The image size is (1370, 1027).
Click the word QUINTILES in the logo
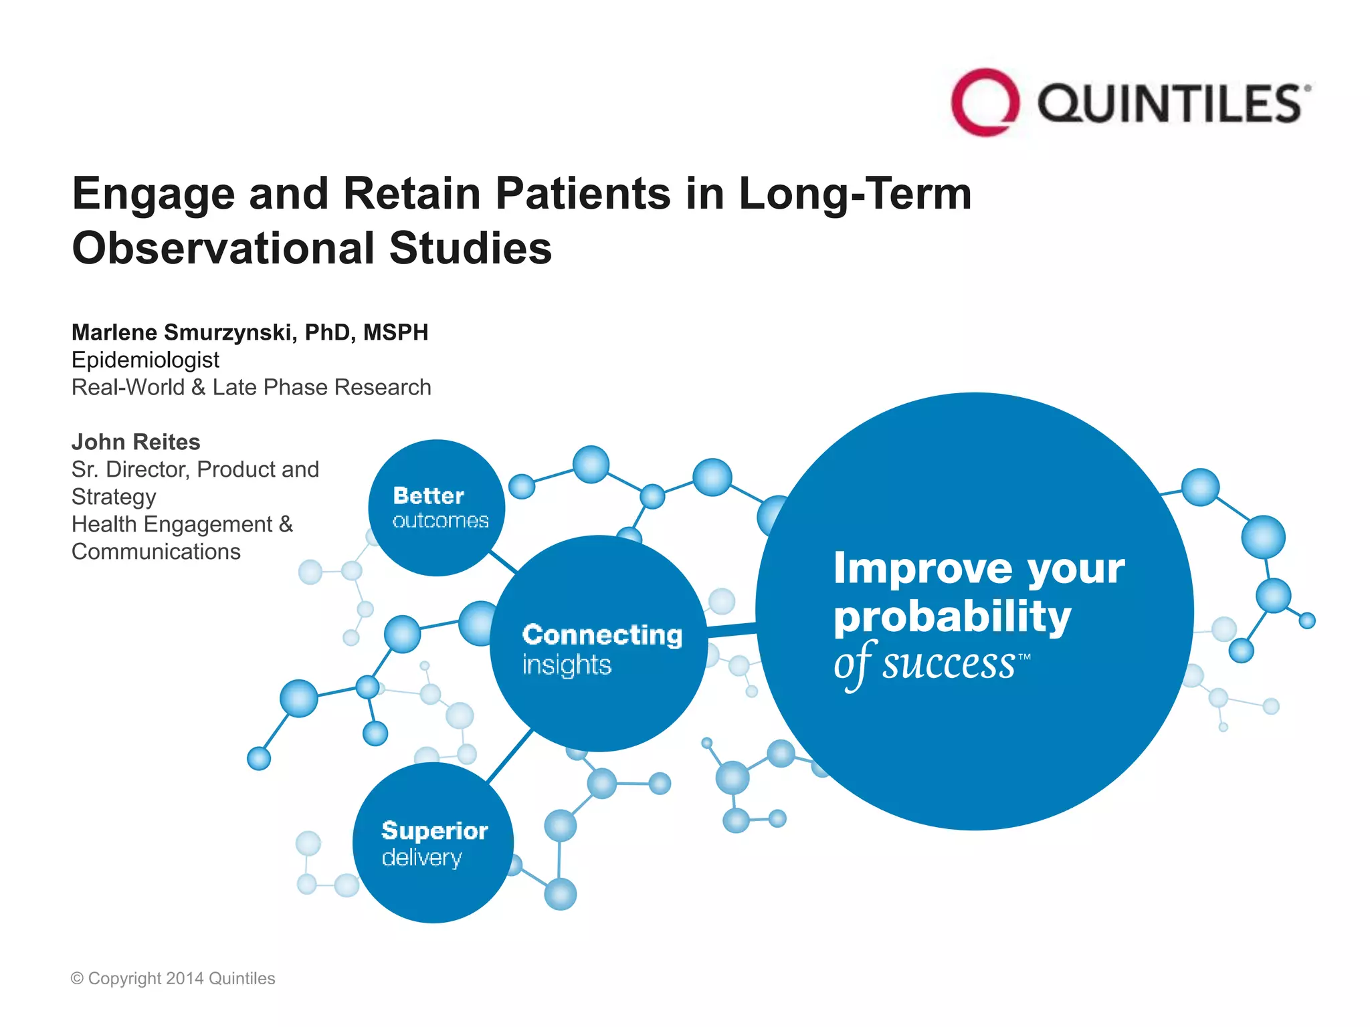(x=1169, y=104)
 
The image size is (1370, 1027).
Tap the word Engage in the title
(x=153, y=194)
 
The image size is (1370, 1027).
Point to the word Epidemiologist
(x=145, y=360)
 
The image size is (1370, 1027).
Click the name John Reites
(x=136, y=442)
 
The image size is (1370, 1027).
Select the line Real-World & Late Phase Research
(x=251, y=387)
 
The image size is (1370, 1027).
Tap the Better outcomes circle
(x=437, y=508)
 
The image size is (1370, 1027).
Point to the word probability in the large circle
(x=952, y=616)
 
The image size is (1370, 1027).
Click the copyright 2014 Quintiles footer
(x=173, y=978)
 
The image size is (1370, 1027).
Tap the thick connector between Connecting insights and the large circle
(x=732, y=630)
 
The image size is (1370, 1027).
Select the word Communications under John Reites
(x=156, y=552)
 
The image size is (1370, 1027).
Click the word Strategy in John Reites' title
(x=114, y=497)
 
